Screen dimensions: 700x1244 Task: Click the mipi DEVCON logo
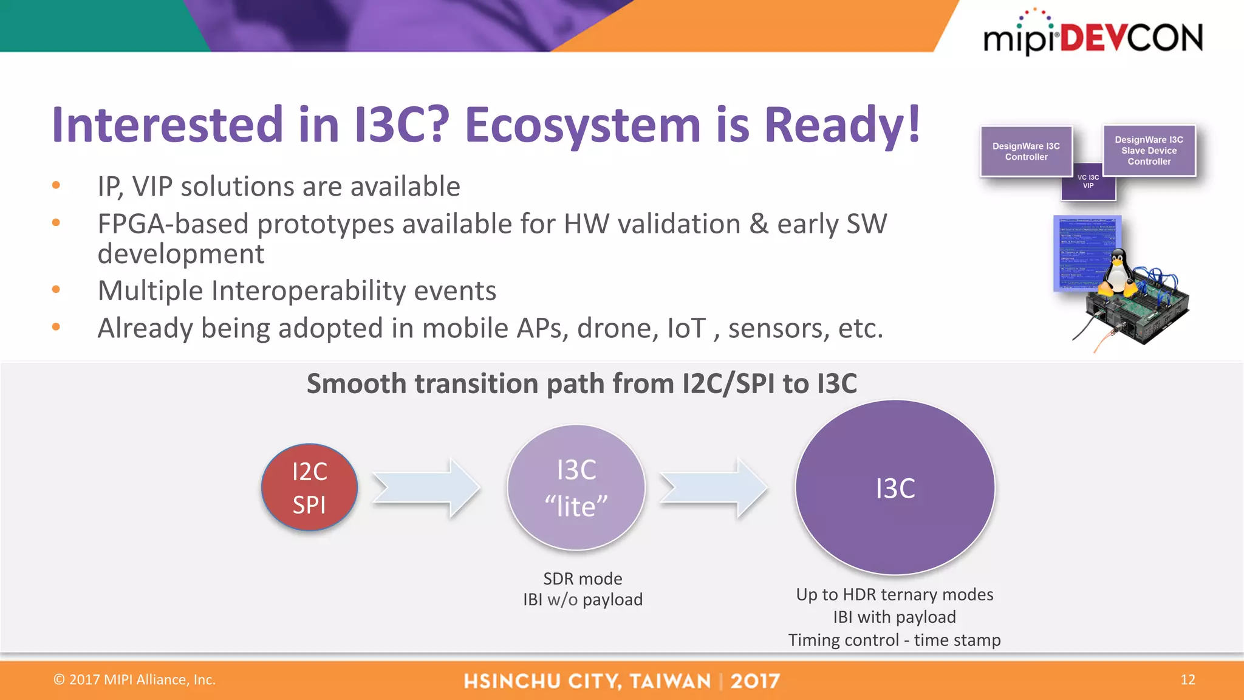[1092, 36]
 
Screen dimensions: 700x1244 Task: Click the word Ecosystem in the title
[582, 125]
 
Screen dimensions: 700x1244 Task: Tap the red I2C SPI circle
[309, 487]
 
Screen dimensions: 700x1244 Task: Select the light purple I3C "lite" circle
[576, 487]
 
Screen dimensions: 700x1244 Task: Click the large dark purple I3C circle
[895, 487]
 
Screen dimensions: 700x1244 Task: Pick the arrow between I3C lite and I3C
[714, 488]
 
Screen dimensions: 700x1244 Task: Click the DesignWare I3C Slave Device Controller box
[1149, 150]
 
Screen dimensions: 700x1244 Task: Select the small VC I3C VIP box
[1088, 183]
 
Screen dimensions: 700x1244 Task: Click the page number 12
[1188, 679]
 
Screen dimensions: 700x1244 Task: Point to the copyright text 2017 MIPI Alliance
[135, 679]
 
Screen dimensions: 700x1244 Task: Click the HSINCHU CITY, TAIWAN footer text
[587, 681]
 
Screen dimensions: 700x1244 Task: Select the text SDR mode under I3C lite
[583, 578]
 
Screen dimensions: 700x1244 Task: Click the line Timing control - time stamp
[894, 640]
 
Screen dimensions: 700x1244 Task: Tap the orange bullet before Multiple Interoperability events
[56, 290]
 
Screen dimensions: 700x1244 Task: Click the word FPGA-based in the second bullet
[173, 224]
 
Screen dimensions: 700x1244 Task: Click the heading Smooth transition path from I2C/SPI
[581, 383]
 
